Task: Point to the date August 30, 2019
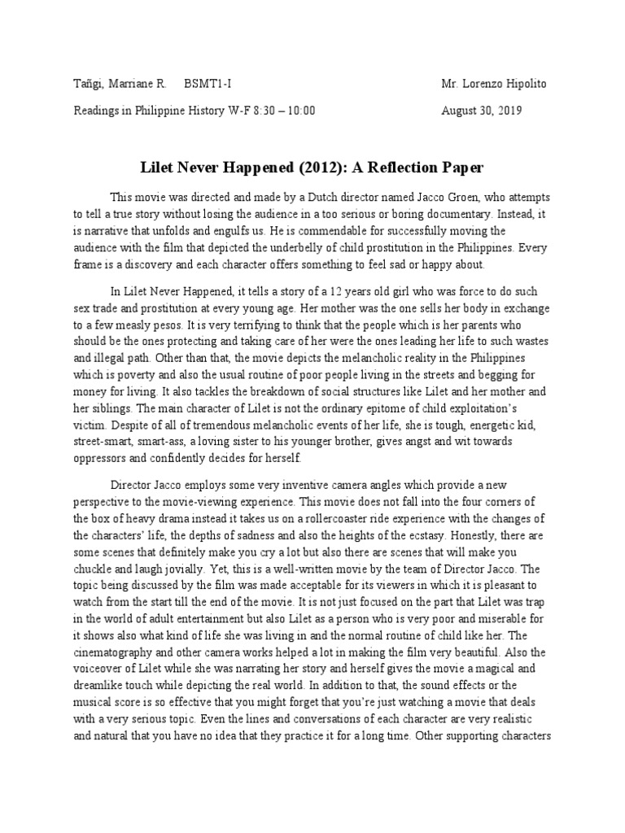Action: (483, 111)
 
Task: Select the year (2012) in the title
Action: (292, 168)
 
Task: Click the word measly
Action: (133, 325)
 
